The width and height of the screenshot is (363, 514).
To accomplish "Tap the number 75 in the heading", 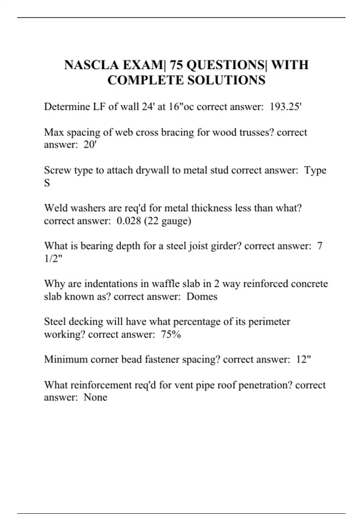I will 175,65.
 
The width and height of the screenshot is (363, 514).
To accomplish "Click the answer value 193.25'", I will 286,107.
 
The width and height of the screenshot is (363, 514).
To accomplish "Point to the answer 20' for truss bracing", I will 90,145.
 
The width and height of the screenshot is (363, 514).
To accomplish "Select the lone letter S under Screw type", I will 47,183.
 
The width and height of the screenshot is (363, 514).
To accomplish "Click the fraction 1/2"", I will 53,259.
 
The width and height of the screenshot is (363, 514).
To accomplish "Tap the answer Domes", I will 202,296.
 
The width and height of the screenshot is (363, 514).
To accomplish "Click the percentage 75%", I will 171,334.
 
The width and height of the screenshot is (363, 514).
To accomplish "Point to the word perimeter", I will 269,322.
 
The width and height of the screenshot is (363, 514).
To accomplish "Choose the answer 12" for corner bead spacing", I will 303,359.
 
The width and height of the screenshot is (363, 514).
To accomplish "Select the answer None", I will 95,397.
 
